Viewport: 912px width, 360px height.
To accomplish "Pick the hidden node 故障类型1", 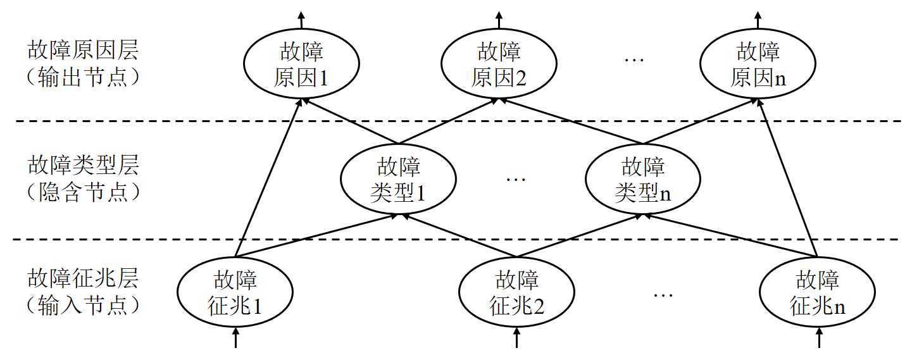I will tap(398, 179).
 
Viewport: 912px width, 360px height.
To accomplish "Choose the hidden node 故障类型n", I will tap(642, 179).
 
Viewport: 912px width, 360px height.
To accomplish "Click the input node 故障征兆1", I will tap(235, 292).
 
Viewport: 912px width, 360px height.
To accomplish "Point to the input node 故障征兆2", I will tap(516, 292).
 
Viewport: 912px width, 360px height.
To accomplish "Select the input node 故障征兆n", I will tap(817, 292).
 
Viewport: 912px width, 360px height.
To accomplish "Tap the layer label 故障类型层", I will tap(83, 166).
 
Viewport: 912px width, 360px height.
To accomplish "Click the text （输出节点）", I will tap(83, 78).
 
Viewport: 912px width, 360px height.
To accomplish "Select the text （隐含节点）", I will tap(83, 192).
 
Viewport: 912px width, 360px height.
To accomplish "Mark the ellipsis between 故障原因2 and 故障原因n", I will tap(634, 61).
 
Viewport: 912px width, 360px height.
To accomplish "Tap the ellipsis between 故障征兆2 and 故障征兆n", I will tap(663, 295).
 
